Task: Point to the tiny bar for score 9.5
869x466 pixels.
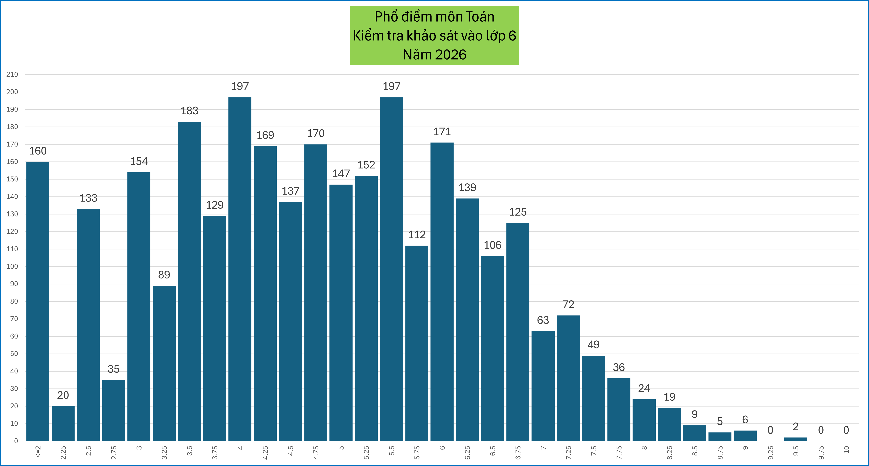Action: point(795,439)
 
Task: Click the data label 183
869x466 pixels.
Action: point(189,111)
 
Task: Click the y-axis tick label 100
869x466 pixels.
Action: point(12,266)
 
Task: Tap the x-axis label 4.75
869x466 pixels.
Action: point(316,452)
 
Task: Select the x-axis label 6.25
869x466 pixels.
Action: point(467,452)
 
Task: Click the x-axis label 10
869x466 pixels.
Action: point(846,449)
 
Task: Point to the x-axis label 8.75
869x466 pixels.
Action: point(720,452)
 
